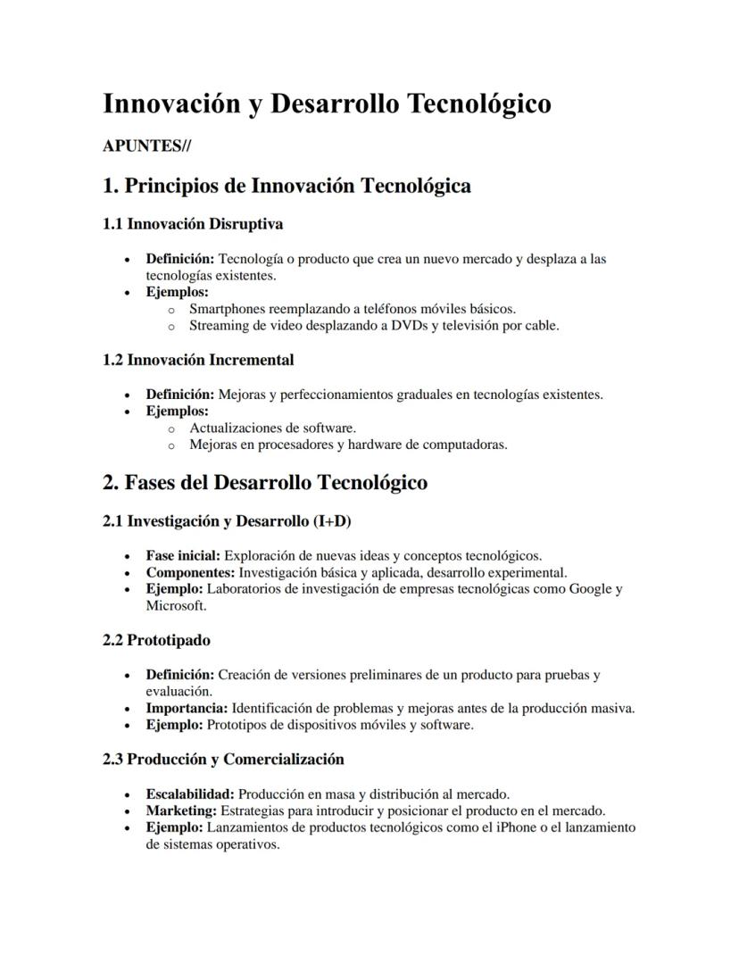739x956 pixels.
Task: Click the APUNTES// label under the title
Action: pyautogui.click(x=146, y=146)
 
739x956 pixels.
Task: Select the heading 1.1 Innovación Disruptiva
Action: pyautogui.click(x=193, y=223)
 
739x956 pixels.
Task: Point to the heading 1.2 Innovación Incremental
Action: pyautogui.click(x=198, y=360)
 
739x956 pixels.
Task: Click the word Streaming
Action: pyautogui.click(x=219, y=325)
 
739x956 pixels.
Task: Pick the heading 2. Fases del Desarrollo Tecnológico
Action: pyautogui.click(x=265, y=483)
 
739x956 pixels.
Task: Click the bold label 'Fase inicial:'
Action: pyautogui.click(x=183, y=555)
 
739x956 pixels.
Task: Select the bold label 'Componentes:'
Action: pyautogui.click(x=190, y=572)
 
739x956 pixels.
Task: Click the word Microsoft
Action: pyautogui.click(x=175, y=605)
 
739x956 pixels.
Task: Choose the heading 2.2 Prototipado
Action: pyautogui.click(x=156, y=640)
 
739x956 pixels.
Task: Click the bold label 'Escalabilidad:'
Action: pyautogui.click(x=190, y=794)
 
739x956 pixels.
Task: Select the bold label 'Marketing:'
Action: pyautogui.click(x=181, y=811)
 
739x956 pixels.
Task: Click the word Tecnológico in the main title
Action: pyautogui.click(x=478, y=104)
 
